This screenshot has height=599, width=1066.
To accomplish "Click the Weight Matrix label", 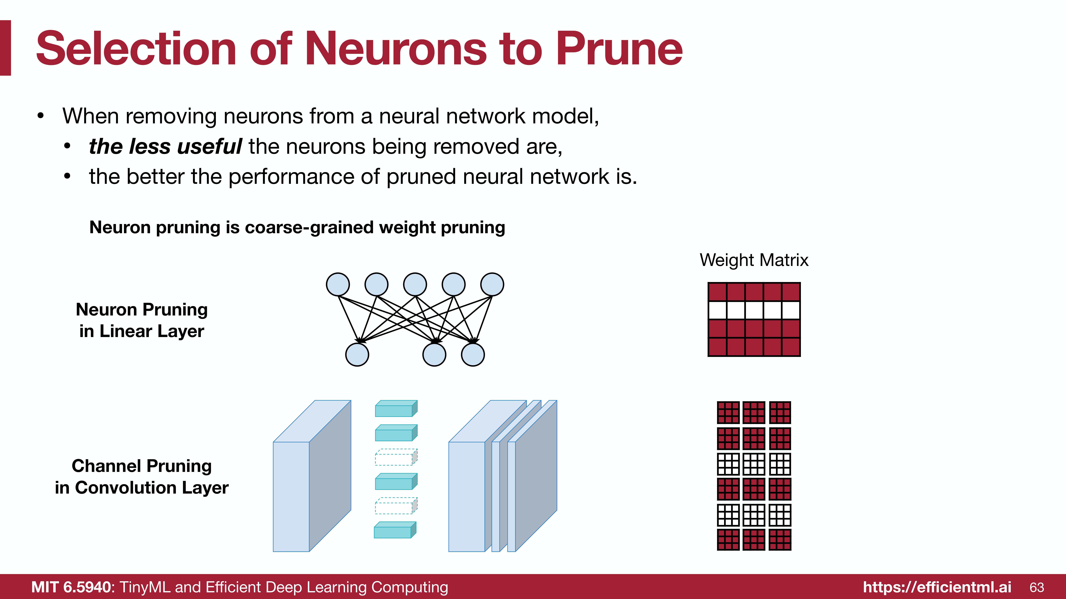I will coord(754,260).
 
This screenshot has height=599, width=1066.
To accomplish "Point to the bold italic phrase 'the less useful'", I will coord(165,146).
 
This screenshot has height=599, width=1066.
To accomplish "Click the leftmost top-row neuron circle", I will coord(338,284).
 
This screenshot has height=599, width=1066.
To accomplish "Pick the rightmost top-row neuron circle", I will coord(492,284).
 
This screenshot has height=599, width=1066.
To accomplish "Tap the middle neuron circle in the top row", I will coord(415,284).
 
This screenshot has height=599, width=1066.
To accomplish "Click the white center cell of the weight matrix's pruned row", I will coord(754,310).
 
